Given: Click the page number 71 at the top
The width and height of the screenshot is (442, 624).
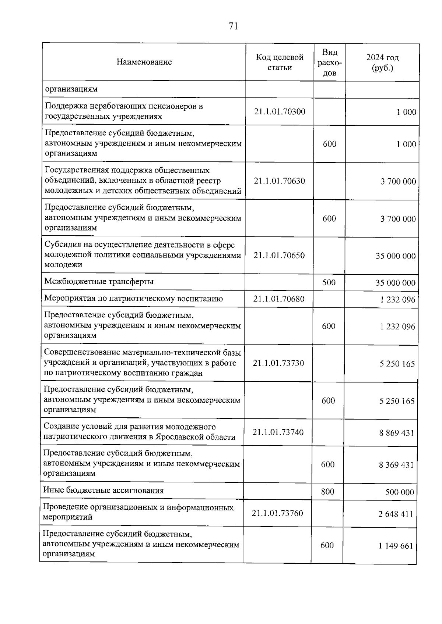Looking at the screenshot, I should (233, 26).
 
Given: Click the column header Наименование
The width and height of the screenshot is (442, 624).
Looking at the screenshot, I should (144, 62).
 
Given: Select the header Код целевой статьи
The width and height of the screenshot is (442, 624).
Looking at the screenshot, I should (280, 63).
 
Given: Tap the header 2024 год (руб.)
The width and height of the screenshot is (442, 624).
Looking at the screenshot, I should (382, 63).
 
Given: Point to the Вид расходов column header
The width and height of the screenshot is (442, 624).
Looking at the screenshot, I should (329, 63).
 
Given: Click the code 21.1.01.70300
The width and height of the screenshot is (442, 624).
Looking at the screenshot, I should (280, 112).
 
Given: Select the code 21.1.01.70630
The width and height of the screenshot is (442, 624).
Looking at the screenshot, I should (279, 181).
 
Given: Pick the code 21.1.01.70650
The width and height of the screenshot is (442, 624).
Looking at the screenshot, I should (279, 256).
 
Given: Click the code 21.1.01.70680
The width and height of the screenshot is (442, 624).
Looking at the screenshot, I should (279, 299).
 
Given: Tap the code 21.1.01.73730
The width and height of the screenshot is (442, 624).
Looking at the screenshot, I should (278, 363).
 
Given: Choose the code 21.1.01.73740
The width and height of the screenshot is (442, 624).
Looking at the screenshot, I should (278, 432).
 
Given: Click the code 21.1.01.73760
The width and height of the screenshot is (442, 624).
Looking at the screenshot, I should (277, 513).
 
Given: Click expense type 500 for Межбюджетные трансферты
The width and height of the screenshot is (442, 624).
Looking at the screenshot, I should (329, 282).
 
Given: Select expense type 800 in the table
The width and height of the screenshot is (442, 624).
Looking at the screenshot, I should (327, 492).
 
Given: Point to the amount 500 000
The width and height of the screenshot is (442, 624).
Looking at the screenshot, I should (400, 492).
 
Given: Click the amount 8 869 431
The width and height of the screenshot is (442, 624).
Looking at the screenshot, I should (397, 433).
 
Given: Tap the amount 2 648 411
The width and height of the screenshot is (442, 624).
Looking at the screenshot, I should (396, 514).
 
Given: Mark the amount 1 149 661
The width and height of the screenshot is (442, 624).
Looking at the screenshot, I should (396, 546).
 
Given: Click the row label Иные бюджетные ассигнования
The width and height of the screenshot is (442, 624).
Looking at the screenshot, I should (104, 491).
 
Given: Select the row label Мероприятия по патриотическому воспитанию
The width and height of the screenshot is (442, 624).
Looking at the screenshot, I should (133, 299).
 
